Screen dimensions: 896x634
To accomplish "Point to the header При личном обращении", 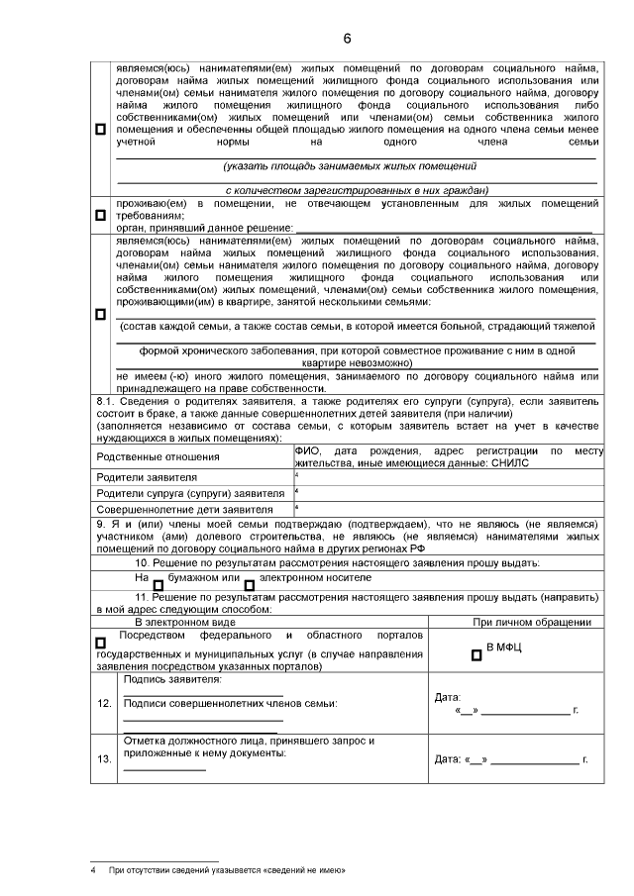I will point(532,622).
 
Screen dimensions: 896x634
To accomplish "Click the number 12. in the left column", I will point(105,704).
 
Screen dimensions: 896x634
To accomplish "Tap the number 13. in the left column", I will point(105,759).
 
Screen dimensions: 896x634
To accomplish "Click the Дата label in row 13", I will point(450,760).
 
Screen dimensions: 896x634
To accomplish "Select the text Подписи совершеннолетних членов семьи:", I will point(230,704).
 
